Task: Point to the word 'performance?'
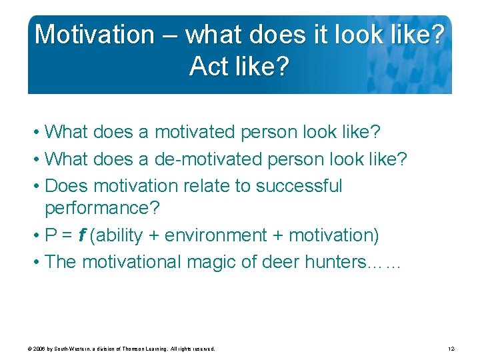102,209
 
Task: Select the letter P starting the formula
51,235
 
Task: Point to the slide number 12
451,349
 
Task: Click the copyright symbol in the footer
30,349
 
